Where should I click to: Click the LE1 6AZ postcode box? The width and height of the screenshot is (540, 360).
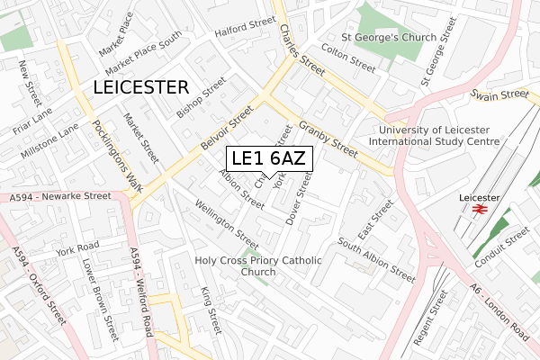(x=268, y=158)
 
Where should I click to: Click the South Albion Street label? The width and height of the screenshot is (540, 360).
(x=376, y=258)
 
